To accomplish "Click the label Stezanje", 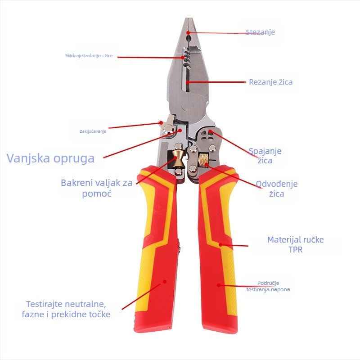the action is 261,32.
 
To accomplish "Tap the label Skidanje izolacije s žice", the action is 89,55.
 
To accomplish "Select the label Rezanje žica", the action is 271,82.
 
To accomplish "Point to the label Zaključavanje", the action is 93,131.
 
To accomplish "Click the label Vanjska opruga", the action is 50,158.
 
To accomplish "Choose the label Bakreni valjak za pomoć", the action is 97,188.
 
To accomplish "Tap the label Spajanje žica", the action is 265,156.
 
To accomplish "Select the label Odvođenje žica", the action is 277,189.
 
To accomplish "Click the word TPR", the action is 296,250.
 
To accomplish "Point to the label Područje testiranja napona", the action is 268,286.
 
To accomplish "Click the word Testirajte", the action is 44,304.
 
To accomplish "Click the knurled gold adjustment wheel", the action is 204,160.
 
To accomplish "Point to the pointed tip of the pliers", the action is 189,19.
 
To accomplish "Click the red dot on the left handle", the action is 165,282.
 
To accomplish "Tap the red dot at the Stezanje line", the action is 188,33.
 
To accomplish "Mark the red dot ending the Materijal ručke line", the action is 220,245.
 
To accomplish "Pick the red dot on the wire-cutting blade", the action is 188,82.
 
